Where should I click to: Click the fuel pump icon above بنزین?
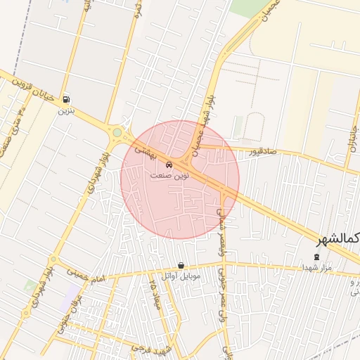[65, 100]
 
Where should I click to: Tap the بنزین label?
[65, 110]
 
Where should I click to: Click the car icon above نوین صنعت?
[168, 165]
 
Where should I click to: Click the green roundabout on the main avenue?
[117, 132]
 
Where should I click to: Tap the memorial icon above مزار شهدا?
[316, 257]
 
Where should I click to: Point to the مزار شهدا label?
[316, 268]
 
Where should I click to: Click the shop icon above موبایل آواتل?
[181, 266]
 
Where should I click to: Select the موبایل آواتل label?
[181, 276]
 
